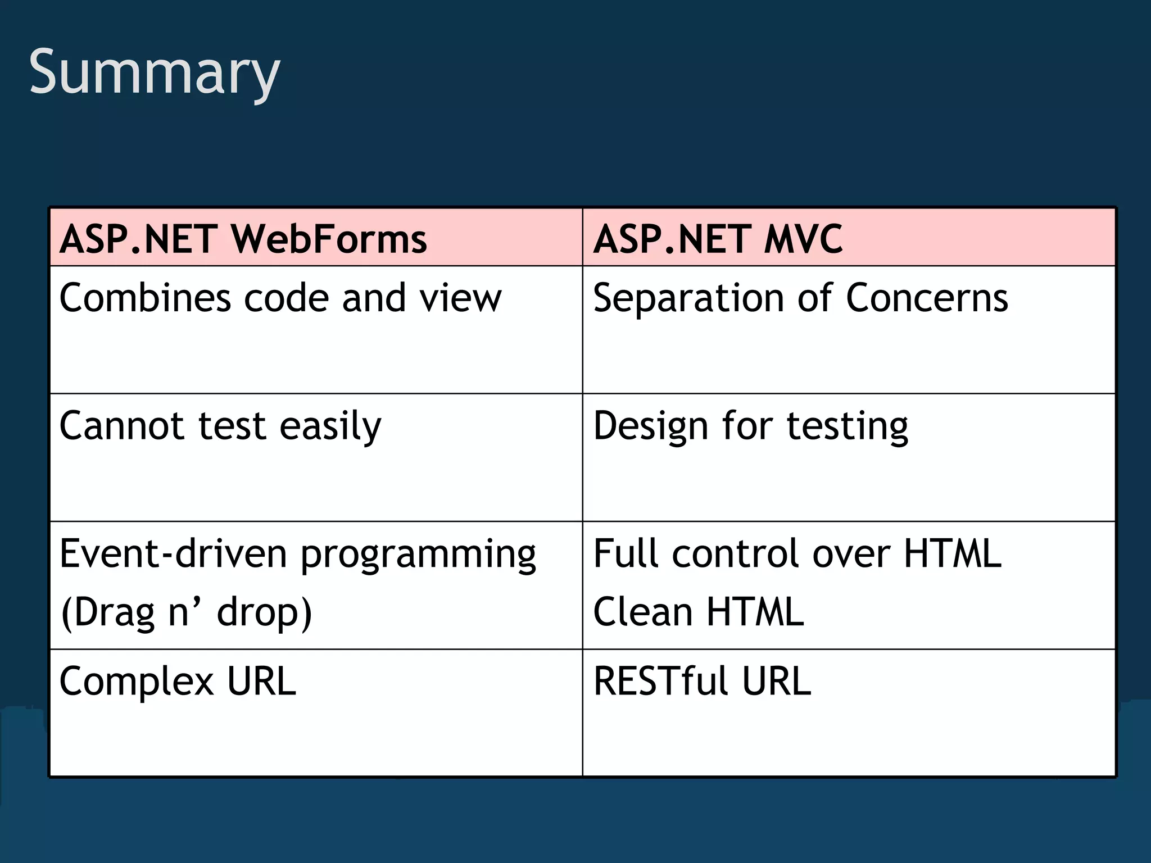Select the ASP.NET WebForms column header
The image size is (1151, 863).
(243, 239)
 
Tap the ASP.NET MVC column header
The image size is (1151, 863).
(718, 239)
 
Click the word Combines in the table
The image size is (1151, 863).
(145, 298)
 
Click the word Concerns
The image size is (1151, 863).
(927, 298)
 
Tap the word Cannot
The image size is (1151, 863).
(121, 425)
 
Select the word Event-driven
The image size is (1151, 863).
(173, 553)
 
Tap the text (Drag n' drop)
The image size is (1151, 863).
(186, 612)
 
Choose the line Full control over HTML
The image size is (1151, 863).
(797, 553)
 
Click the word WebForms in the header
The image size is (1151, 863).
(329, 239)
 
